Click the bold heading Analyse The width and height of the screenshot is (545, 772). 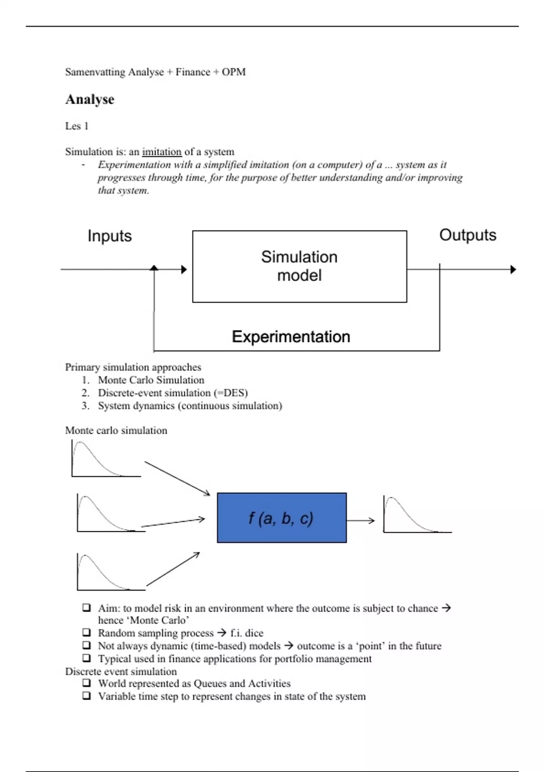(90, 99)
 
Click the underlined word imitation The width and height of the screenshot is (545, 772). (162, 152)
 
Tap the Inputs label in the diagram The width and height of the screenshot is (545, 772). (109, 236)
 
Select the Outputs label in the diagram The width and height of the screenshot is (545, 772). (467, 235)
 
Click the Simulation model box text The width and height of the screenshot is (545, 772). (299, 266)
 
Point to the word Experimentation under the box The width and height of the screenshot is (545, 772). (291, 337)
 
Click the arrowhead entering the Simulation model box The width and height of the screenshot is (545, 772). (184, 270)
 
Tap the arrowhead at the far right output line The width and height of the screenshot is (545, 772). (513, 270)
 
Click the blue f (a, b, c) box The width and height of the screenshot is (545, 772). (282, 518)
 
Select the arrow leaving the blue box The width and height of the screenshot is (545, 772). (361, 520)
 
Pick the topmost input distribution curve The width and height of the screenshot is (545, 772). (104, 460)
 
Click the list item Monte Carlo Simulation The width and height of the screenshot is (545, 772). (151, 380)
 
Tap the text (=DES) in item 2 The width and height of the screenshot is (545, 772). (231, 393)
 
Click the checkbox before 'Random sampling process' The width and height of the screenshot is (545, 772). (86, 633)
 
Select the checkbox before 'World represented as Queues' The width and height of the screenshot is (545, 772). (86, 683)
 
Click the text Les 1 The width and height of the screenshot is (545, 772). (77, 126)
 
